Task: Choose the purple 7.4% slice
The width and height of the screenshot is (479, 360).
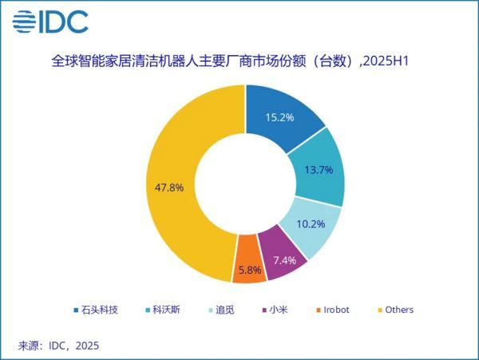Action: click(283, 260)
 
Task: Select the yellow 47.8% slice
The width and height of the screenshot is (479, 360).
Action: click(176, 188)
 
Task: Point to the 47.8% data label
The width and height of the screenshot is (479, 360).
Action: click(168, 188)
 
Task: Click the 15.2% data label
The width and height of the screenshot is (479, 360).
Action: click(281, 117)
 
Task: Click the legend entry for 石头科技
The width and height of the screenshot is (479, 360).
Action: click(97, 310)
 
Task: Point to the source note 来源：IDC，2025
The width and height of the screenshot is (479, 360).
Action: click(59, 346)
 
